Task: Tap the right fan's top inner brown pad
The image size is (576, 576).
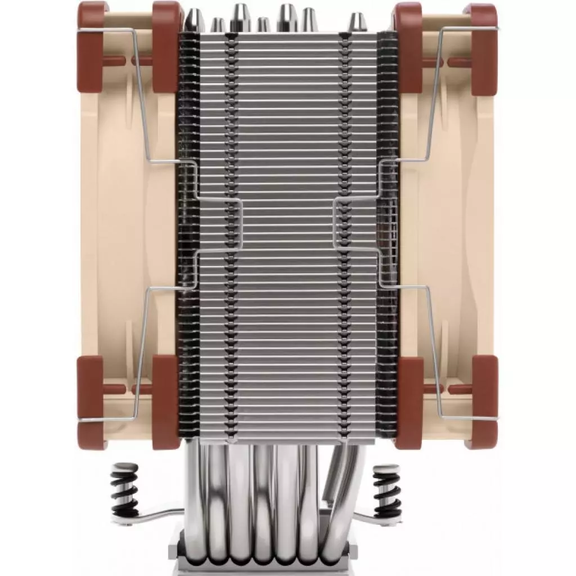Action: [x=409, y=47]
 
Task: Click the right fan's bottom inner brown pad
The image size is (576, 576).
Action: [x=409, y=402]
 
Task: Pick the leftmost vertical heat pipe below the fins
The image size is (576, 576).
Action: [x=194, y=495]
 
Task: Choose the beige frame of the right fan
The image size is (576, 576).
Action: [x=450, y=225]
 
